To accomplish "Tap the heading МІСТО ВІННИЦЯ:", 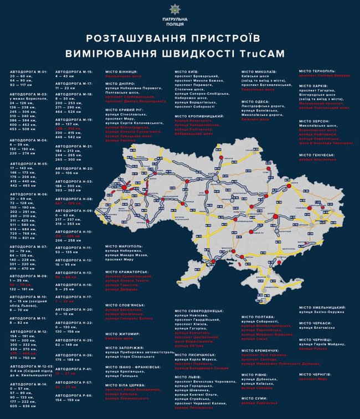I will coord(124,71).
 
